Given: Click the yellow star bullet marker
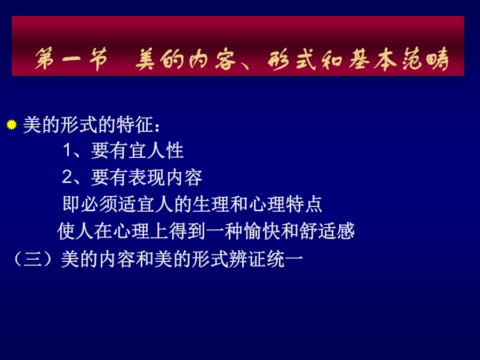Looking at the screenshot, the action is click(12, 125).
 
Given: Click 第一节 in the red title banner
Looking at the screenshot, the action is click(71, 59).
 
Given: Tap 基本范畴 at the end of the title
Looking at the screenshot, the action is click(399, 59).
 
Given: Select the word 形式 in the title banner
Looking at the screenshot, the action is click(291, 59).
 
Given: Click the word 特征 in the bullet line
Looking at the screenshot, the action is click(135, 125).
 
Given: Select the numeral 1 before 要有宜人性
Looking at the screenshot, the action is click(67, 150).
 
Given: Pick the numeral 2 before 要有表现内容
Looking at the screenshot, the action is click(67, 177).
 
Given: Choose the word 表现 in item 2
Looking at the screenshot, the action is click(146, 178).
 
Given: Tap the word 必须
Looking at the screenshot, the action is click(100, 204).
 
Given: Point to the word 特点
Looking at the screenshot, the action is click(304, 204).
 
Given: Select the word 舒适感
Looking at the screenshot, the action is click(327, 231).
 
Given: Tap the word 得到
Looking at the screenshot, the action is click(187, 231).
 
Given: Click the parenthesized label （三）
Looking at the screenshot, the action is click(33, 260).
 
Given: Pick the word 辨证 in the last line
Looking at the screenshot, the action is click(247, 260).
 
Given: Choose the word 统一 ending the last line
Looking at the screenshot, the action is click(285, 260).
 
